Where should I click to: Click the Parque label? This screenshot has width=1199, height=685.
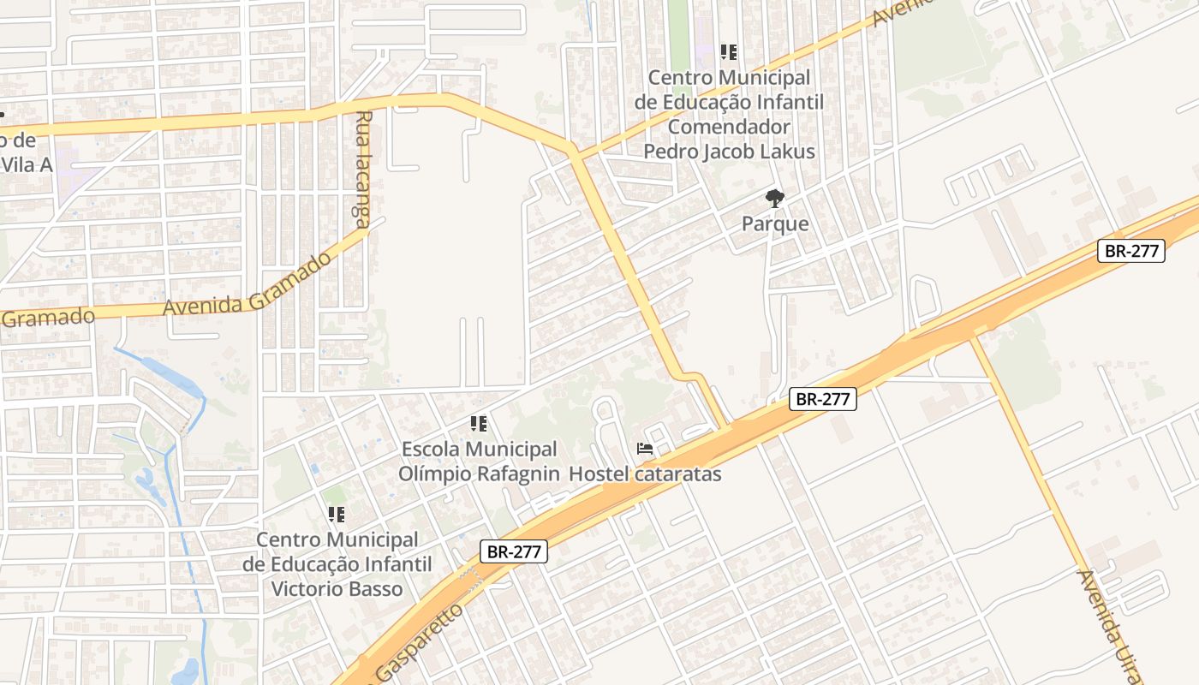tap(775, 224)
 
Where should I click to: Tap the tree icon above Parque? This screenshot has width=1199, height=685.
tap(775, 199)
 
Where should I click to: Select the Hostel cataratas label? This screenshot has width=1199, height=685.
tap(645, 474)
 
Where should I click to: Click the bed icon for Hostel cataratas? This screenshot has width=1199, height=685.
tap(645, 448)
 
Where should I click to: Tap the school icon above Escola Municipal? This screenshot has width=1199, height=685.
tap(479, 423)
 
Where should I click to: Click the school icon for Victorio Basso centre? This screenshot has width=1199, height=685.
tap(337, 515)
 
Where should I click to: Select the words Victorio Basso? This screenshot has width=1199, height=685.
tap(337, 589)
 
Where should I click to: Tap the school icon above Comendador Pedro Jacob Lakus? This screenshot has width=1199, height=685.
tap(729, 51)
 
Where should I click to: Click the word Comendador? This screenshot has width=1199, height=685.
tap(729, 127)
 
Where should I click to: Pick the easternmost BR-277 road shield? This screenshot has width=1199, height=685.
tap(1130, 251)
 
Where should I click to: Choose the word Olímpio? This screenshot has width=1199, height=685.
tap(434, 474)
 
